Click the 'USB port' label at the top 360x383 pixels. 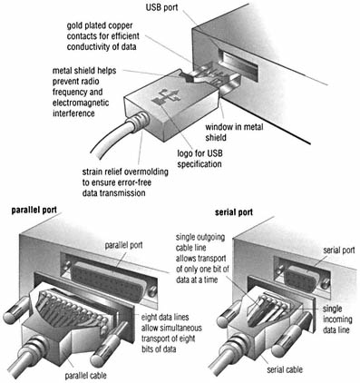coord(161,7)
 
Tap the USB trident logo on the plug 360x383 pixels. coord(166,97)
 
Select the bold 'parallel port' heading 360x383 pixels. coord(34,210)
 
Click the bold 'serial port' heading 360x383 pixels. coord(234,212)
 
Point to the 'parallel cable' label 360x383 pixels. coord(86,376)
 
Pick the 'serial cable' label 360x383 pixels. coord(285,369)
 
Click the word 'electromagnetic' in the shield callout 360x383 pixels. coord(81,103)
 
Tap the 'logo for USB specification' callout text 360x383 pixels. coord(199,159)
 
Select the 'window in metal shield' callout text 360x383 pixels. coord(234,132)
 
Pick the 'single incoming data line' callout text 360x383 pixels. coord(337,319)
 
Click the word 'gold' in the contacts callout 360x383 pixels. coord(74,25)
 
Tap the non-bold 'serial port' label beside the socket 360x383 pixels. coord(339,250)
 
